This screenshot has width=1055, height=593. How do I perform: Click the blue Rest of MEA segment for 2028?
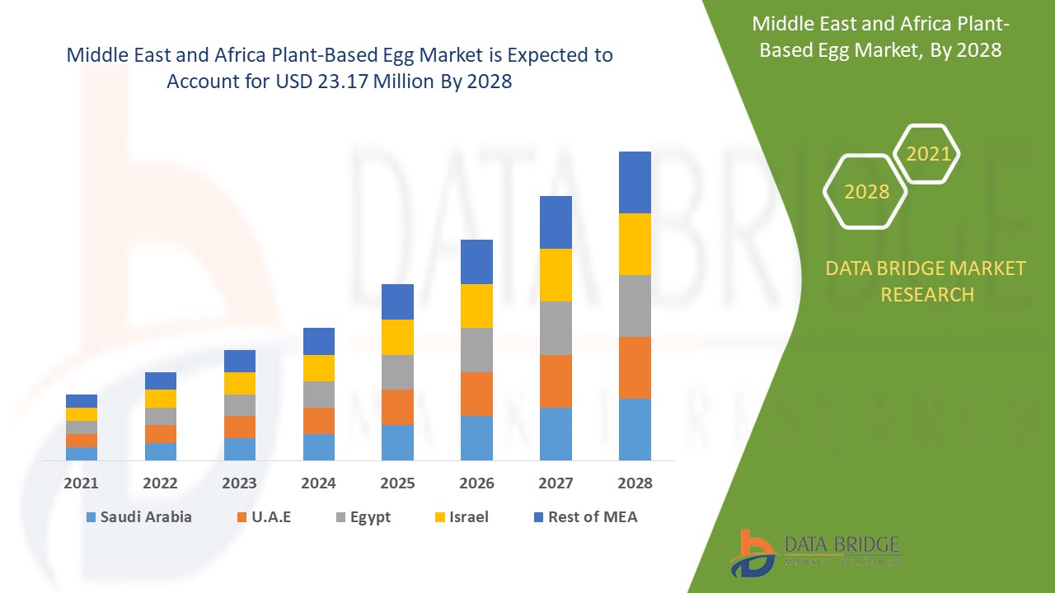[635, 182]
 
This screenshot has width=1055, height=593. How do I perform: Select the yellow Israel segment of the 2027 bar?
[556, 275]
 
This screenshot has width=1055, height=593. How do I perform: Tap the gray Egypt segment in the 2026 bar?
[476, 350]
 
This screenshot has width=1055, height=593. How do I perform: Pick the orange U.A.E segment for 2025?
[397, 407]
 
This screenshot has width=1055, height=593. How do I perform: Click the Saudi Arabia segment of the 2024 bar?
[319, 446]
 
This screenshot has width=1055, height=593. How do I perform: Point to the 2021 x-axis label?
[81, 483]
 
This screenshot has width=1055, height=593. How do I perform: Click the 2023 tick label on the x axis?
[239, 483]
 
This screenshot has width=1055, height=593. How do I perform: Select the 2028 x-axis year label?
[635, 483]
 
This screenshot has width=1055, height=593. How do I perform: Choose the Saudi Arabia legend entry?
[138, 517]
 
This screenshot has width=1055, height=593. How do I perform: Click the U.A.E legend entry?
[264, 517]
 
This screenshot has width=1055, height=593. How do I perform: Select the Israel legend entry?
[461, 517]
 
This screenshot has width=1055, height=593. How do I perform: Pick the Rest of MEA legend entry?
[585, 517]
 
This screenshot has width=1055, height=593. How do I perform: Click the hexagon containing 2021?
[927, 154]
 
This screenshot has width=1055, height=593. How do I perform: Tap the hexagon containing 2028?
[866, 192]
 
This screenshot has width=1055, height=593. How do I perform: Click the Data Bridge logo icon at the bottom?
[752, 553]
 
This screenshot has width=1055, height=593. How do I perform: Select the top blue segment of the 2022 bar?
[161, 381]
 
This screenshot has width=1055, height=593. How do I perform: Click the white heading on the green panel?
[880, 37]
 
